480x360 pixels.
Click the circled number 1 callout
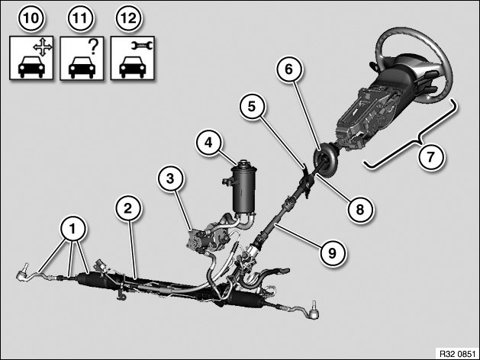pyautogui.click(x=72, y=229)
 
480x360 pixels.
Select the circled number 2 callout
pyautogui.click(x=128, y=208)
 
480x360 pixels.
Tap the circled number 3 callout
pyautogui.click(x=170, y=178)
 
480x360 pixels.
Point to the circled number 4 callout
pyautogui.click(x=209, y=143)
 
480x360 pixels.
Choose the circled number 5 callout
pyautogui.click(x=252, y=107)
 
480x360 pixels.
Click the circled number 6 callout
pyautogui.click(x=289, y=69)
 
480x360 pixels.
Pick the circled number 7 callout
pyautogui.click(x=431, y=157)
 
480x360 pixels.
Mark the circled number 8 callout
pyautogui.click(x=360, y=210)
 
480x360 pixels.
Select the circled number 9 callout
pyautogui.click(x=332, y=252)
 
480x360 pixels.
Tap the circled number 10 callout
pyautogui.click(x=31, y=18)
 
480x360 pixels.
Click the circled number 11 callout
pyautogui.click(x=80, y=18)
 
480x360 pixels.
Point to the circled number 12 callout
pyautogui.click(x=129, y=18)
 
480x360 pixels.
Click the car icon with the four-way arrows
pyautogui.click(x=31, y=58)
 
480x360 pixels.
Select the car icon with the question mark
pyautogui.click(x=82, y=58)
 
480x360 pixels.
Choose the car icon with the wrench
pyautogui.click(x=132, y=58)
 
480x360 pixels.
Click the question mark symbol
pyautogui.click(x=94, y=47)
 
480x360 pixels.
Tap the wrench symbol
pyautogui.click(x=142, y=46)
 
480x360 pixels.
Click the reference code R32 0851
pyautogui.click(x=457, y=354)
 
